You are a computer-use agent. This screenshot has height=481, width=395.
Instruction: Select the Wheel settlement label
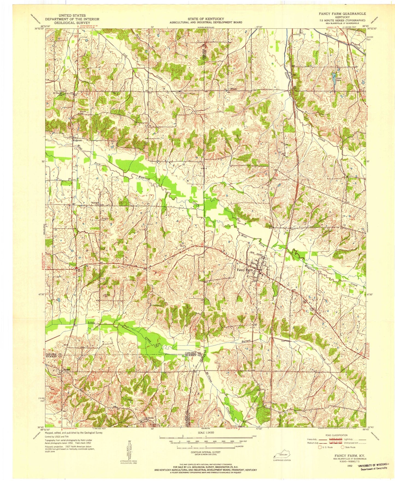click(234, 89)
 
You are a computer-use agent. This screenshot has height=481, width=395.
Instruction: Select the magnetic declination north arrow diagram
click(129, 454)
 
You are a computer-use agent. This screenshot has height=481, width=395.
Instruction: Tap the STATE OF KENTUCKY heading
click(206, 19)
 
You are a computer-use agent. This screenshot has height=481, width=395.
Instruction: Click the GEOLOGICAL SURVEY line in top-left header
click(72, 23)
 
